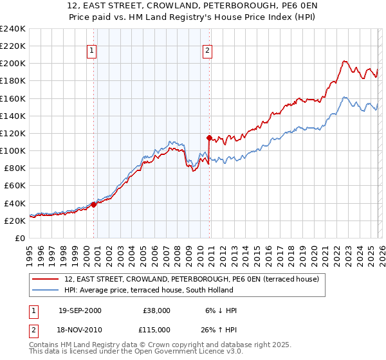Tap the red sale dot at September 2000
coord(93,204)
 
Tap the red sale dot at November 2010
coord(209,138)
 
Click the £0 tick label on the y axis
coord(20,238)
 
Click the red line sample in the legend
coord(46,279)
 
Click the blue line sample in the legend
coord(46,290)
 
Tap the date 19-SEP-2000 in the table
coord(80,310)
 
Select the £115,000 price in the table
coord(156,328)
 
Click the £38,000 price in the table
coord(156,310)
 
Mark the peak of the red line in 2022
coord(344,61)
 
